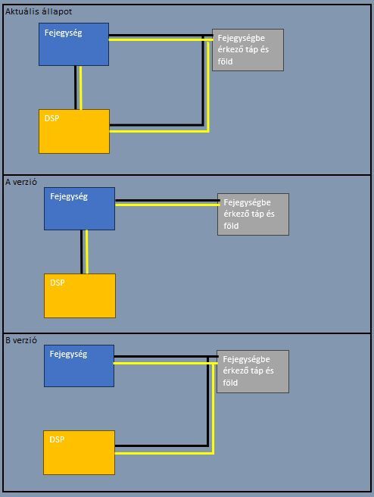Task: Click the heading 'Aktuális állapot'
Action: coord(39,11)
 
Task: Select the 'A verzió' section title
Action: coord(21,182)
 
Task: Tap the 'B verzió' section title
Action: coord(21,340)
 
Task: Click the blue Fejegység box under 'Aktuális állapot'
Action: coord(73,45)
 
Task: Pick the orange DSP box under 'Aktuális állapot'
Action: coord(74,131)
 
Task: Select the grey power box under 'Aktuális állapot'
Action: coord(248,50)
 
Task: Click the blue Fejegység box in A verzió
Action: coord(79,208)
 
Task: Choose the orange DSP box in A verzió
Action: coord(79,295)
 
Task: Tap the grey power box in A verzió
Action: coord(253,214)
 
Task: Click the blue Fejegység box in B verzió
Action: coord(79,366)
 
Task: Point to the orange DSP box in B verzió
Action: coord(79,452)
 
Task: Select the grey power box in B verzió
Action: coord(253,371)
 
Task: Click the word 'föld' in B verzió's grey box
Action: coord(230,383)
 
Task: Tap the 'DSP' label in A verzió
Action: coord(58,283)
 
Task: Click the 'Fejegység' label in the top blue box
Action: coord(64,33)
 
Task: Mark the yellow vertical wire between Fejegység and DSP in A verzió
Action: coord(87,252)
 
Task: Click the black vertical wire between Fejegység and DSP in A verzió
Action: coord(82,252)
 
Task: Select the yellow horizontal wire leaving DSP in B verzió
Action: coord(164,453)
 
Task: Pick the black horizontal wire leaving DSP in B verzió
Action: coord(161,446)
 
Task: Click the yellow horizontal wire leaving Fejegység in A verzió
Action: coord(167,205)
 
